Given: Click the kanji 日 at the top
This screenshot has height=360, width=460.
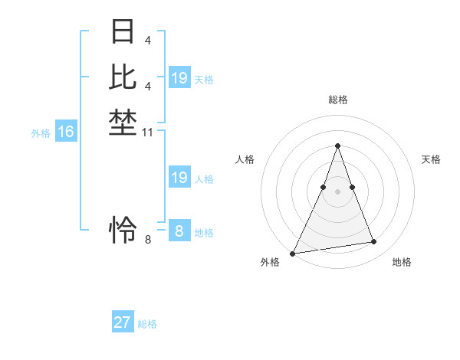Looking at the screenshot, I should tap(123, 33).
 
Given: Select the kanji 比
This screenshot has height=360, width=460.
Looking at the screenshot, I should tap(123, 77).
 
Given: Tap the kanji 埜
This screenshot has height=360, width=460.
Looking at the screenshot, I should tap(123, 123).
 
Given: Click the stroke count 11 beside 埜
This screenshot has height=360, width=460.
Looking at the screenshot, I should tap(148, 133).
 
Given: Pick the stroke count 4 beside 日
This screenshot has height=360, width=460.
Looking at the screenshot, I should tap(147, 40).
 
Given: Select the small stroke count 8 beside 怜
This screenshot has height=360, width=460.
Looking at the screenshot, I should tap(148, 240).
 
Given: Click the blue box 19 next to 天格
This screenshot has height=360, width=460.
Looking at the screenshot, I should tap(179, 78).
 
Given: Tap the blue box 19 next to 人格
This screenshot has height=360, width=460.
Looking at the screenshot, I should tap(179, 178).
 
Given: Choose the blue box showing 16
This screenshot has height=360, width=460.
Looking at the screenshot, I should tap(66, 132).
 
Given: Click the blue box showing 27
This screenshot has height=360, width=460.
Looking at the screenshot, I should tap(123, 322).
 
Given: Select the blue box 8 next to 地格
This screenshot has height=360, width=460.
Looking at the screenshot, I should tap(179, 231).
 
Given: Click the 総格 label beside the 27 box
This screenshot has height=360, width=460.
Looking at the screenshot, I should tap(147, 324).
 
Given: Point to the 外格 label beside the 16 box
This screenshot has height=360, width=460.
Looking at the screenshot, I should tap(41, 133).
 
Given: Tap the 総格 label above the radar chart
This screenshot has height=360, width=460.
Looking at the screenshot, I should tap(337, 100).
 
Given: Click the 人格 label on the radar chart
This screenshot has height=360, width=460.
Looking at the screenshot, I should tap(245, 159).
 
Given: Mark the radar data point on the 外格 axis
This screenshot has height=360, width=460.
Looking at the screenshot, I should tap(293, 253).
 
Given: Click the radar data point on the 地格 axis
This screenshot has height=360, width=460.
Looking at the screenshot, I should tap(374, 242).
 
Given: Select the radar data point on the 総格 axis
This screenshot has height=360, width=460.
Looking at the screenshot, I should tap(337, 146).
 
